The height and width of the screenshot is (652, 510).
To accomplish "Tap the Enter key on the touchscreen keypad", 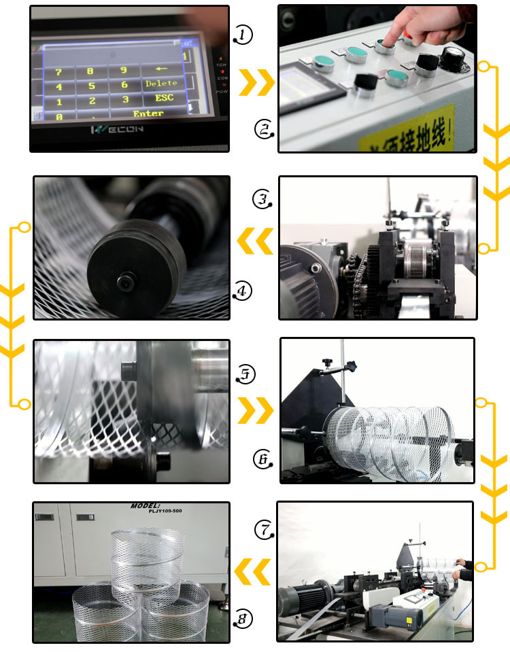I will tap(148, 113).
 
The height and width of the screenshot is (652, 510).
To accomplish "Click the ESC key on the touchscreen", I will tap(164, 97).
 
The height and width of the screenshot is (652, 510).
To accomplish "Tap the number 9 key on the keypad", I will tap(123, 70).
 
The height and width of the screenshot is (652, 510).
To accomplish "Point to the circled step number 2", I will tap(264, 129).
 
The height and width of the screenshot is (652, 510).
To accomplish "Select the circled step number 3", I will tap(262, 199).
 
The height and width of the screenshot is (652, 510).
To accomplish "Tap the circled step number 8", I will tap(243, 618).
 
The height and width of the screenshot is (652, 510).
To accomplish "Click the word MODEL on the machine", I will tap(147, 507).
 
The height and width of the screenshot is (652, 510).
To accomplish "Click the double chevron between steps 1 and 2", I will tap(256, 82).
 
